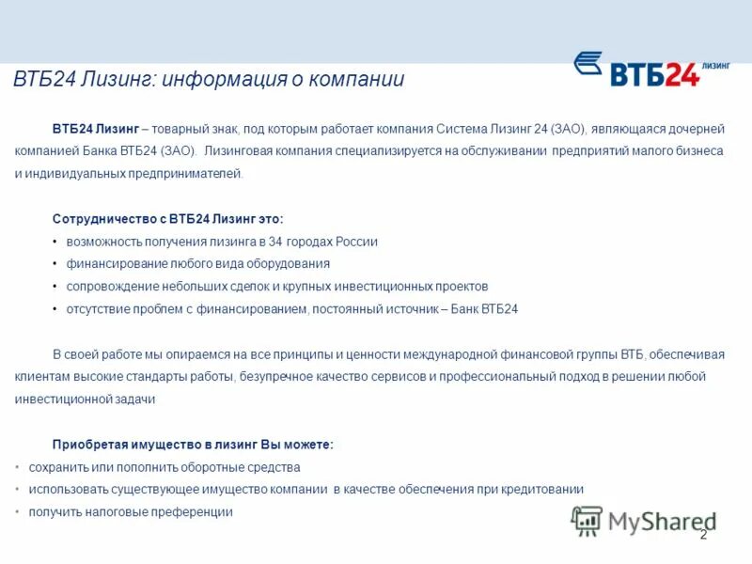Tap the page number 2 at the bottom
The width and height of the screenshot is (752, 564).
702,534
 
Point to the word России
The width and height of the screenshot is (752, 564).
353,242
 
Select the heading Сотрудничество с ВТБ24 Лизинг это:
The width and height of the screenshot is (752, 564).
167,218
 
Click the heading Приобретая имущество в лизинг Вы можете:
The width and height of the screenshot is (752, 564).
193,444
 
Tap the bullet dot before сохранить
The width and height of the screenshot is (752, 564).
19,467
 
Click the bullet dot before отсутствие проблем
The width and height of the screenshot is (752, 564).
55,309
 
